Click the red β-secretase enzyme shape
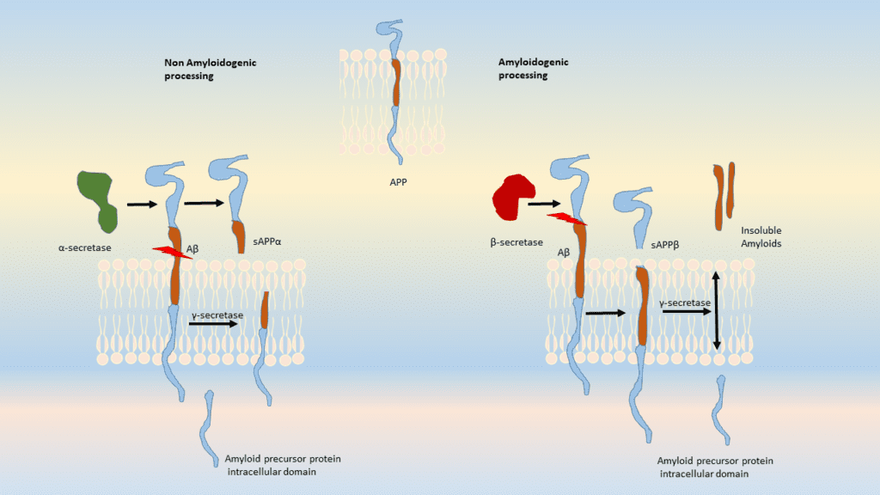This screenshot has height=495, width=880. [513, 197]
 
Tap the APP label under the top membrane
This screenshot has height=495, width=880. [397, 182]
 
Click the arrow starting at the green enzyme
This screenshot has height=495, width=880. [141, 205]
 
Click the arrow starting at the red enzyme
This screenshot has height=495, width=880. [544, 205]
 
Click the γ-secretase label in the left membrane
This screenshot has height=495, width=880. [216, 315]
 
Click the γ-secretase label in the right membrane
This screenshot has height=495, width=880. [685, 303]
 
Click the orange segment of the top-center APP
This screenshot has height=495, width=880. [396, 82]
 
